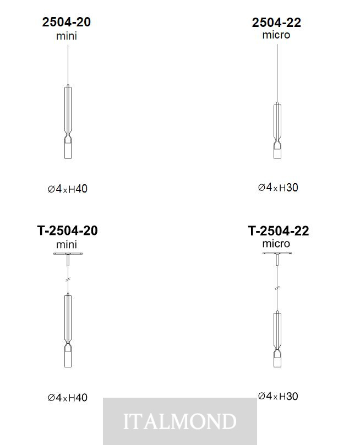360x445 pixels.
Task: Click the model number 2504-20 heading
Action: [67, 22]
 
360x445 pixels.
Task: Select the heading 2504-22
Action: [276, 23]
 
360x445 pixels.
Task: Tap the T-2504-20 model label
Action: [67, 230]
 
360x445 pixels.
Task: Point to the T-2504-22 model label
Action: [278, 231]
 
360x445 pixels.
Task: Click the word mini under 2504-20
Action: [67, 36]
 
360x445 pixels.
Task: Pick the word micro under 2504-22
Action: [276, 35]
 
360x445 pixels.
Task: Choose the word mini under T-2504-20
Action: [67, 244]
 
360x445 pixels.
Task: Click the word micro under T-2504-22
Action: [276, 244]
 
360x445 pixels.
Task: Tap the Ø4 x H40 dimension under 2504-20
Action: [68, 189]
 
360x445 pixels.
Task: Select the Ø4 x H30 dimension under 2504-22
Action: [278, 188]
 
